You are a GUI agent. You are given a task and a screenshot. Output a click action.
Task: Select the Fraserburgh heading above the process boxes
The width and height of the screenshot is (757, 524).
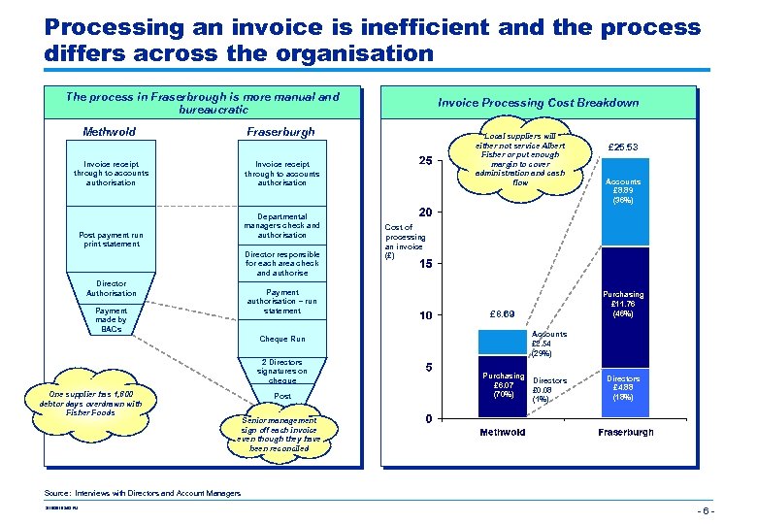pos(281,132)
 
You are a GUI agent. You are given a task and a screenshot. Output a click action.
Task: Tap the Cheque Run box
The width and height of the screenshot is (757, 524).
pos(282,340)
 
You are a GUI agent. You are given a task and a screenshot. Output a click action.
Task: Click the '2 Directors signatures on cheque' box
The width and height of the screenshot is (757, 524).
pos(282,371)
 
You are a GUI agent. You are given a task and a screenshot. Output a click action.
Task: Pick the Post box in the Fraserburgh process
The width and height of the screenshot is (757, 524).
pos(282,396)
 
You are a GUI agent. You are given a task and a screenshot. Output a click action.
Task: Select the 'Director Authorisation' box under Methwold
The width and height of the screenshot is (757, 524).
pos(112,288)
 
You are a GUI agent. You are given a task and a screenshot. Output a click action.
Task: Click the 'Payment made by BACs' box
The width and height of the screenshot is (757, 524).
pos(112,319)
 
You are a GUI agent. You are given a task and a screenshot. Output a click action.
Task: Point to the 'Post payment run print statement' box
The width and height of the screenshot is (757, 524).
pos(110,239)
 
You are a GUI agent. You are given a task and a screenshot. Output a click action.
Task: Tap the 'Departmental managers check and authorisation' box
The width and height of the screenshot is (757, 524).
pos(282,225)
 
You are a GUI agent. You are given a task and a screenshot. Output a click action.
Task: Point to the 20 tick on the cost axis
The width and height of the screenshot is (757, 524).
pos(424,212)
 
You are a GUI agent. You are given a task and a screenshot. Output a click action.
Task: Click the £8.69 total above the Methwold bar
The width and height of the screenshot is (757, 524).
pos(503,314)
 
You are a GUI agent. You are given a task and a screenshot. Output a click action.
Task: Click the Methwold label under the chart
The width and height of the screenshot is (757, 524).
pos(502,432)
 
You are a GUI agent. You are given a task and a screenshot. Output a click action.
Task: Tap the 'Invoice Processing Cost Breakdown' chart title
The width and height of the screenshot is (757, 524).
pos(539,103)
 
